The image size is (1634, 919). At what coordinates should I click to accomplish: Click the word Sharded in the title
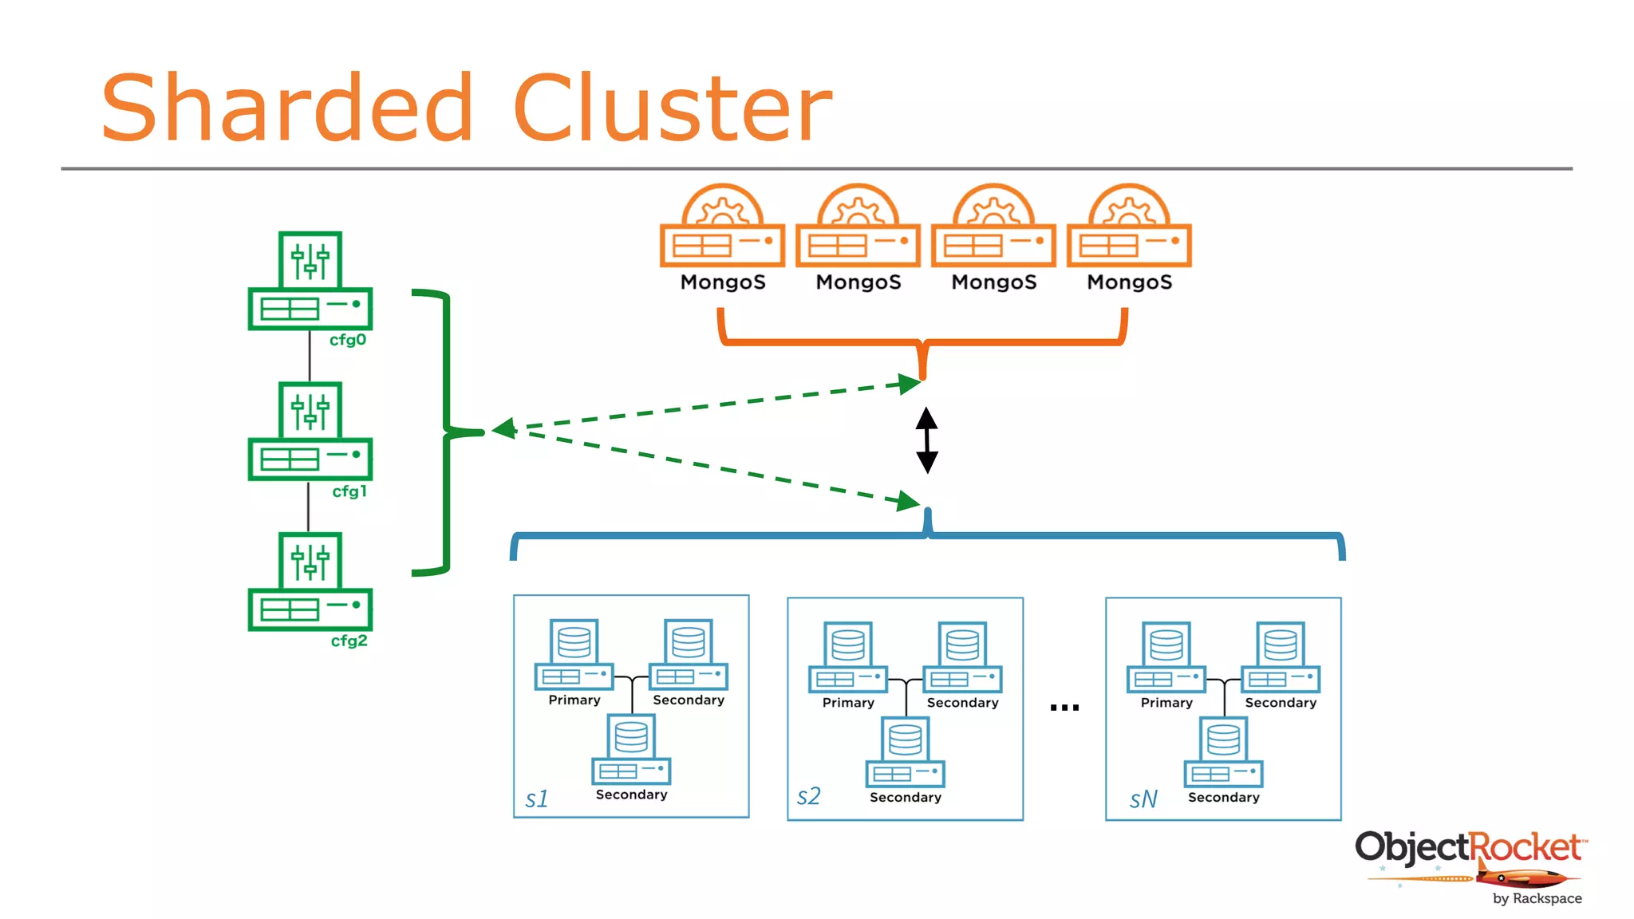click(287, 108)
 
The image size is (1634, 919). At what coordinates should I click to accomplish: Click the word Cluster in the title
click(672, 108)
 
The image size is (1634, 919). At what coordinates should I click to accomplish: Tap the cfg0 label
click(348, 340)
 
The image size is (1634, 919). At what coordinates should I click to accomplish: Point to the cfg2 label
click(349, 641)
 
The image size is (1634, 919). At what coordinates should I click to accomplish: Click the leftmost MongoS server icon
click(722, 227)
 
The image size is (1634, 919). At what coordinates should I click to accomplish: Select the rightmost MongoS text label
click(1129, 282)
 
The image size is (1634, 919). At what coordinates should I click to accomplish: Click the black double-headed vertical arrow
click(926, 440)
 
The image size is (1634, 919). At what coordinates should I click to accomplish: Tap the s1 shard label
click(537, 799)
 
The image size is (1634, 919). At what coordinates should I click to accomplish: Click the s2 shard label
click(808, 796)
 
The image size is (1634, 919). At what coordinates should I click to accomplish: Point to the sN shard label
click(1143, 799)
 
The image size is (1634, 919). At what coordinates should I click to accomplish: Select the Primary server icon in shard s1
click(574, 654)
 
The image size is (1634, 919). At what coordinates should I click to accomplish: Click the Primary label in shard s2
click(848, 703)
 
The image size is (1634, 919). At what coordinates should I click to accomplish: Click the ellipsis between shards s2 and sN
click(1064, 708)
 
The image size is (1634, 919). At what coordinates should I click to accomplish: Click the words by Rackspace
click(1537, 898)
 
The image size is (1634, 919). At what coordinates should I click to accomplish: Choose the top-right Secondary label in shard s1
click(688, 700)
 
